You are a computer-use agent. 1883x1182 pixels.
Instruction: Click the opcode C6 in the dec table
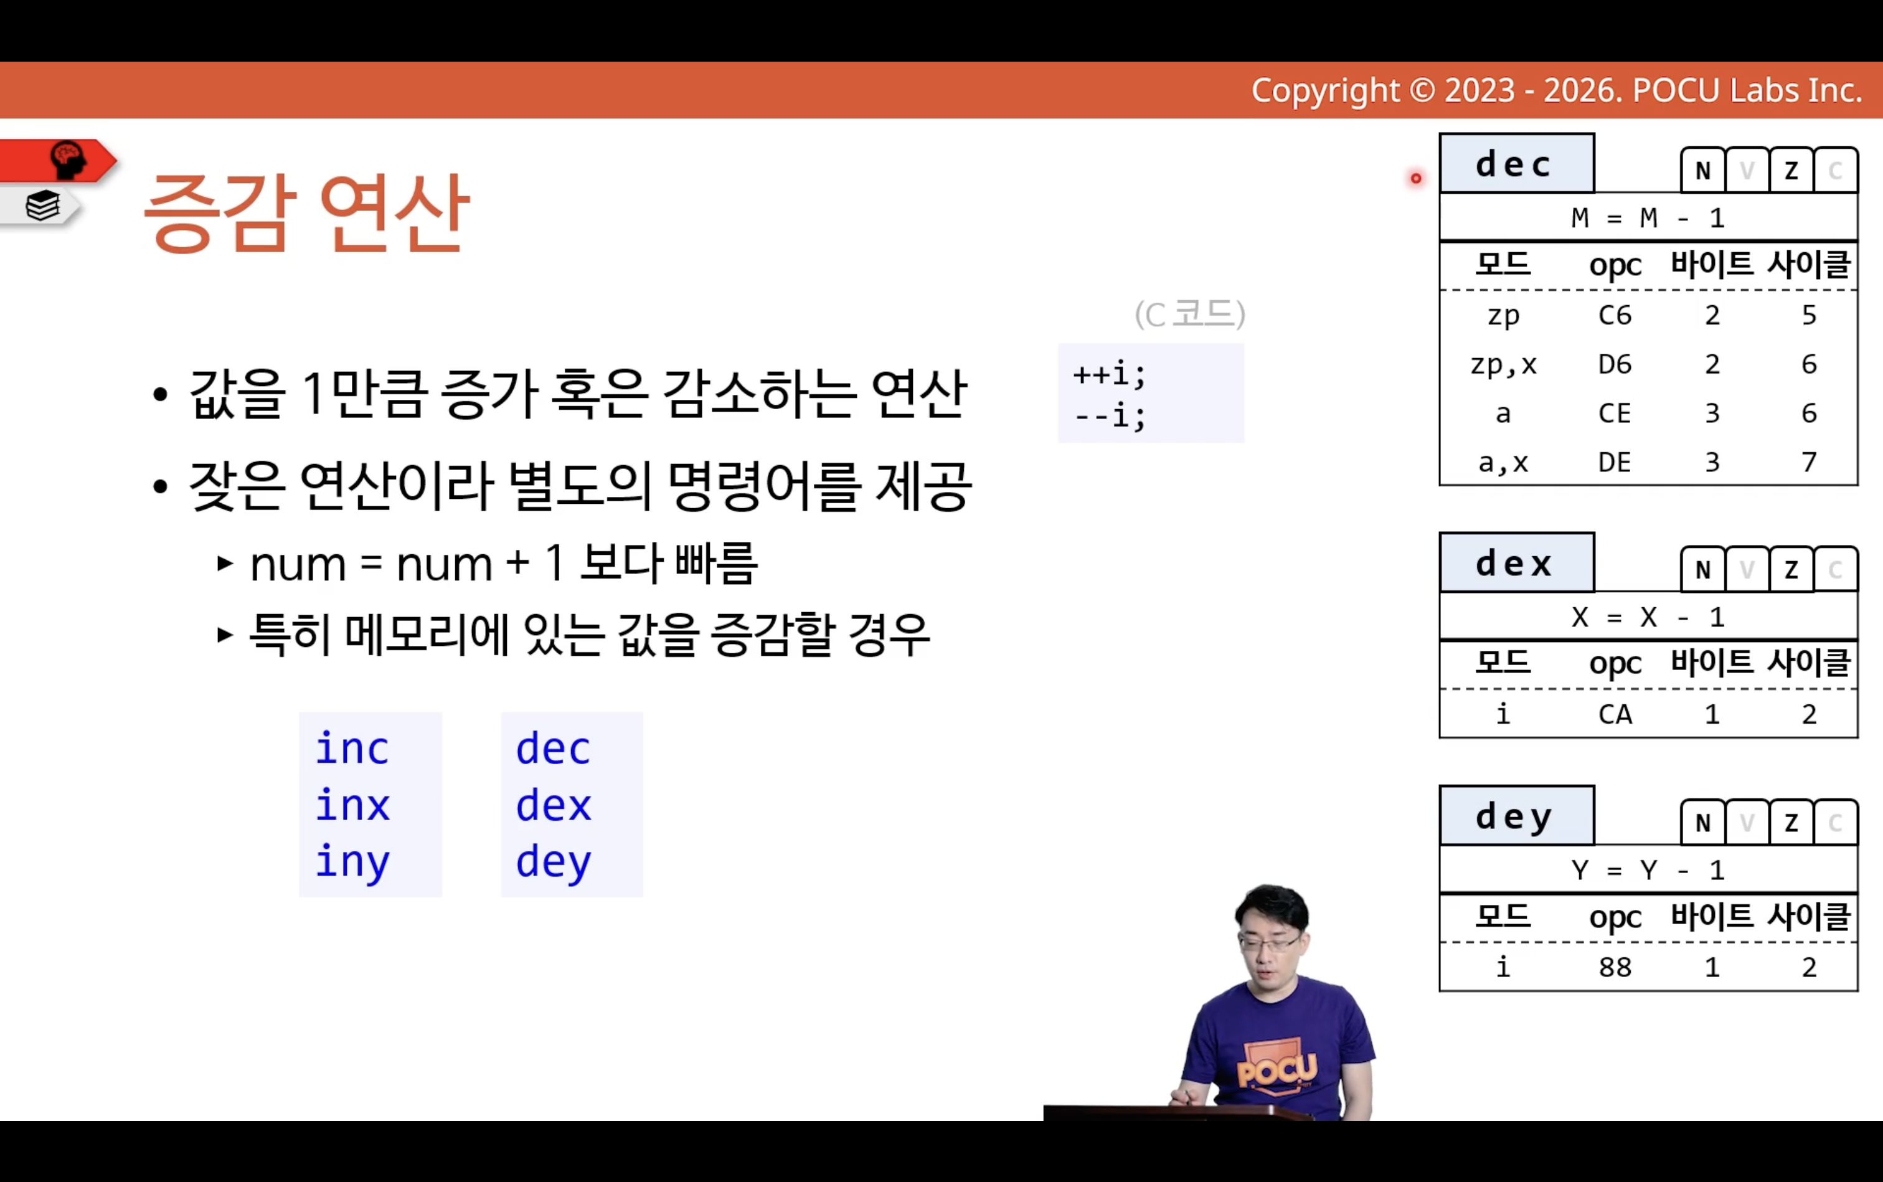[1614, 315]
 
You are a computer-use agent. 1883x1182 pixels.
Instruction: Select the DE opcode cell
[1614, 462]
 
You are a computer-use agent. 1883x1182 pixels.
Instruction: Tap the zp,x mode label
[1503, 365]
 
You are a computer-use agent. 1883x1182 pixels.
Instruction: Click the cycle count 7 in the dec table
[1809, 462]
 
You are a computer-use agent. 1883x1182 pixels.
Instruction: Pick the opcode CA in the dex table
[1614, 714]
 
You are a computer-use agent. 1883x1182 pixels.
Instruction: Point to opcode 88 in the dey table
[1614, 967]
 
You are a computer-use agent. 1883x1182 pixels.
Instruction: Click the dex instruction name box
[1516, 563]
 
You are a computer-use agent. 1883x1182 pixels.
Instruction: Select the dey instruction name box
[1516, 815]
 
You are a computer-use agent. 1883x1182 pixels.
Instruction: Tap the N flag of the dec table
[1703, 169]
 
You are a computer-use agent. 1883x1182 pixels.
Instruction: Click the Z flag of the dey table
[1791, 821]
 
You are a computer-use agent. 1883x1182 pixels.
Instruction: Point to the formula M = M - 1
[1648, 217]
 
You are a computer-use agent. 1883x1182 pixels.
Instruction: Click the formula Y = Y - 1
[1648, 869]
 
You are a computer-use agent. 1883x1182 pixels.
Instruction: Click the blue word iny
[352, 863]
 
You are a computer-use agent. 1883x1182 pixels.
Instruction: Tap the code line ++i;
[1109, 374]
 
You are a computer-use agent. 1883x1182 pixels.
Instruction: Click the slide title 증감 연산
[306, 212]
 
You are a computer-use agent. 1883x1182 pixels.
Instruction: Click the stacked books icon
[42, 206]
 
